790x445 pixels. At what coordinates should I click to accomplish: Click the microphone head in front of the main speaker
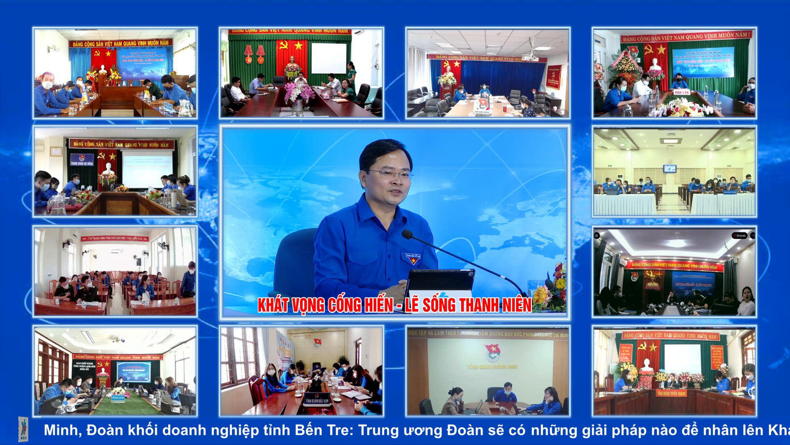(x=407, y=234)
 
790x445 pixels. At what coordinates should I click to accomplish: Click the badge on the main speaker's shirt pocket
(x=413, y=259)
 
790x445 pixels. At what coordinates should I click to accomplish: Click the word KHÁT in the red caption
(x=275, y=306)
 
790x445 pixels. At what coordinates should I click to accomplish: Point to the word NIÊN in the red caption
(x=515, y=306)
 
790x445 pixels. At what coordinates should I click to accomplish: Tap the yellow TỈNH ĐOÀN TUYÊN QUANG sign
(x=671, y=393)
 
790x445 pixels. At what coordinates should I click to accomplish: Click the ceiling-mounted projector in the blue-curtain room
(x=530, y=57)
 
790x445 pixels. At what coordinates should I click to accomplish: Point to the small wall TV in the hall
(x=670, y=168)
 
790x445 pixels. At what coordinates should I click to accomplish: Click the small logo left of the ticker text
(x=23, y=430)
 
